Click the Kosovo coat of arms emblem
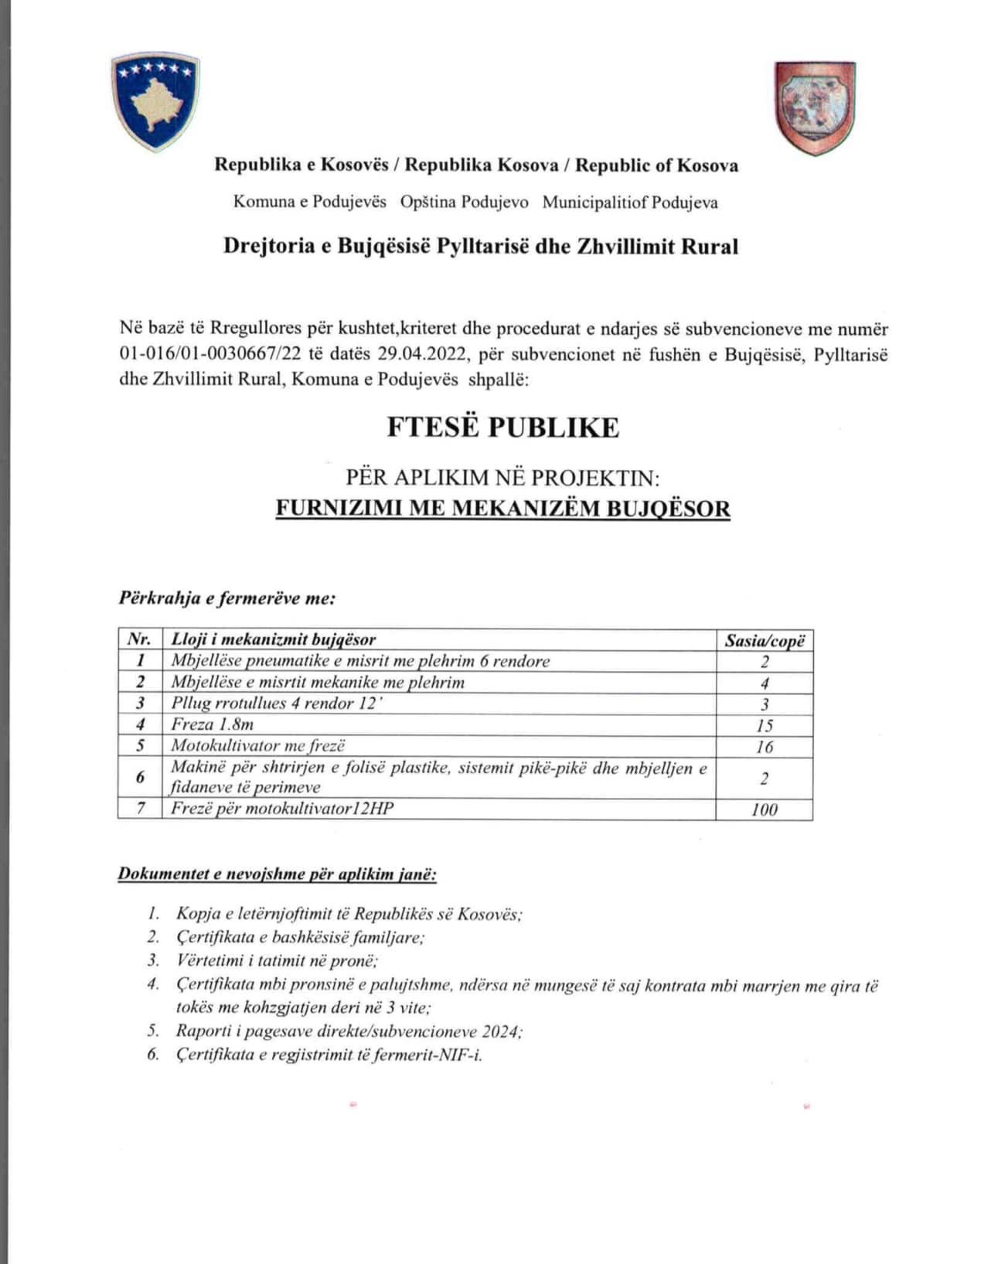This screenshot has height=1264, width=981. [155, 101]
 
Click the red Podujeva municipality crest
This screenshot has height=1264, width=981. [815, 107]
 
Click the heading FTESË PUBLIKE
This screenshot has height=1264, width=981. [502, 428]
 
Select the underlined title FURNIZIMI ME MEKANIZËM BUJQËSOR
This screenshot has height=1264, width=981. [502, 509]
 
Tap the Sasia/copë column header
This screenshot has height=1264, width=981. [764, 640]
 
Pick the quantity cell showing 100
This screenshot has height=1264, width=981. [764, 809]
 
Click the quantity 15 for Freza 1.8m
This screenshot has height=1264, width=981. [764, 725]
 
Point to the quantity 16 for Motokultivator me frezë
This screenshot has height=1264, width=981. [764, 747]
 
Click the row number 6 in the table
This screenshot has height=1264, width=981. [140, 778]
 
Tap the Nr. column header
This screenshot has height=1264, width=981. [139, 639]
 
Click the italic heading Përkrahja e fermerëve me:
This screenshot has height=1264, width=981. [227, 598]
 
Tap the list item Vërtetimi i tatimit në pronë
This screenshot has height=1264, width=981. [276, 961]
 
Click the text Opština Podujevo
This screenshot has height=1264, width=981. [464, 203]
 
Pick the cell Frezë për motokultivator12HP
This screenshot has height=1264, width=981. [282, 809]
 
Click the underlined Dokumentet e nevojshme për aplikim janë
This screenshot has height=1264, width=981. [277, 874]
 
